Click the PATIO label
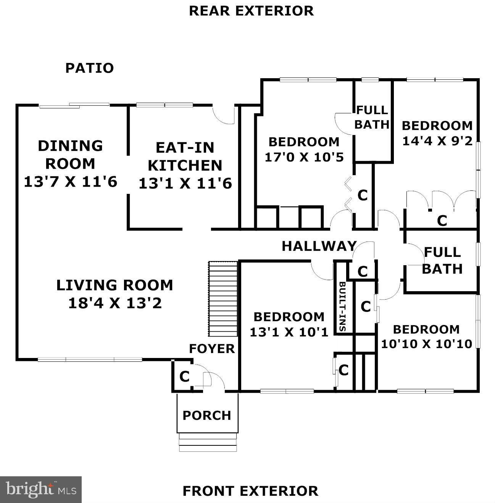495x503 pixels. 89,68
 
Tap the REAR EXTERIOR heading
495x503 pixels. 251,11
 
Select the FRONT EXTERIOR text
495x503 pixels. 250,491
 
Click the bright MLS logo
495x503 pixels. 41,490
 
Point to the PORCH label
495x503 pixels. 207,415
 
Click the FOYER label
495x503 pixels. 212,348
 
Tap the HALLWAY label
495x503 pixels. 319,246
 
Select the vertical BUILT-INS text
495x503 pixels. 342,306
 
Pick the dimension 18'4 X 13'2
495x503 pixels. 115,303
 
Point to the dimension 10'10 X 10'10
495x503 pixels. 426,344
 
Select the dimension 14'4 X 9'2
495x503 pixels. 437,141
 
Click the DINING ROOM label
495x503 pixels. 70,155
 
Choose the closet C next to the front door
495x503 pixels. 184,377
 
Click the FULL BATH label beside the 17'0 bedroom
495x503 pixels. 372,117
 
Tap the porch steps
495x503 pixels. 208,442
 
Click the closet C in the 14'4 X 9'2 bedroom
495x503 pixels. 442,220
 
